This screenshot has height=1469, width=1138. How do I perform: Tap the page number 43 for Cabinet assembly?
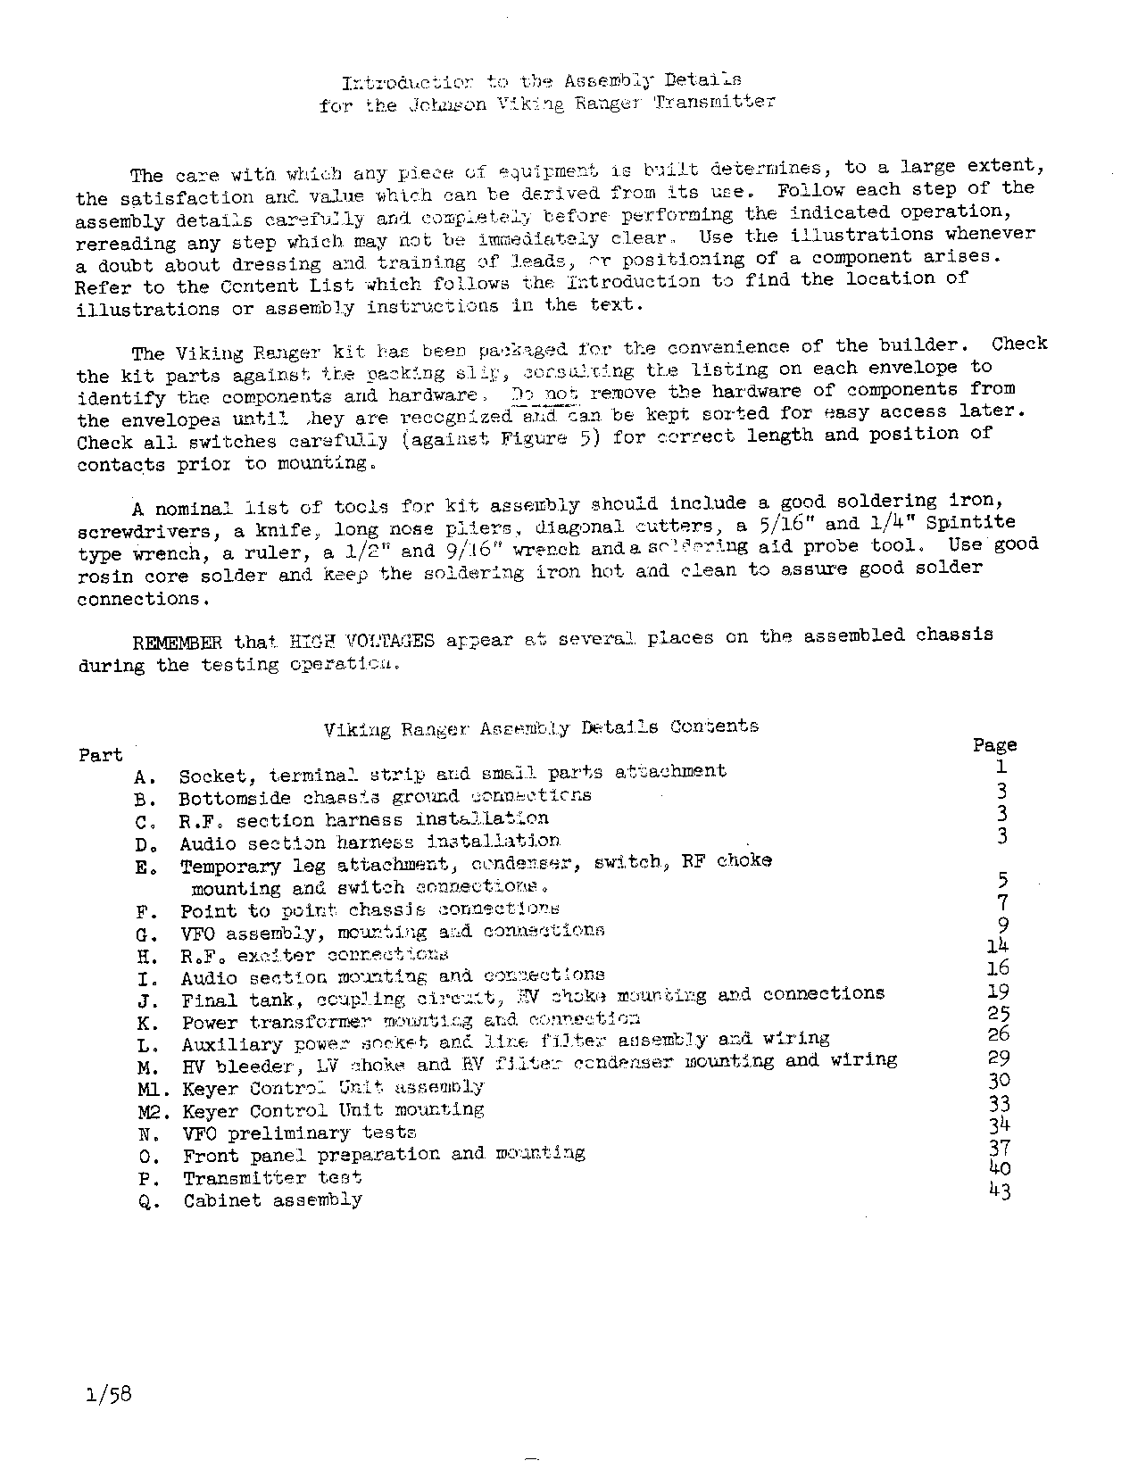coord(1000,1190)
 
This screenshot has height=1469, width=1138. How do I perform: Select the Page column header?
coord(994,745)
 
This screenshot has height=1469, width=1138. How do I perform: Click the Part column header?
coord(100,755)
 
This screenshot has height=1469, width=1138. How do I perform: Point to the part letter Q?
coord(148,1201)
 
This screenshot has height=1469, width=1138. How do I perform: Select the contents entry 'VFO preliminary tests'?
coord(299,1133)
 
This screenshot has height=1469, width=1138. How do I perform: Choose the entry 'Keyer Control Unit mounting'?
coord(333,1111)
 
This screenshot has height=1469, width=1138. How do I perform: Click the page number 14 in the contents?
coord(998,946)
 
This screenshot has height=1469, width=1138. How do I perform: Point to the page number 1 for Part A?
coord(1001,767)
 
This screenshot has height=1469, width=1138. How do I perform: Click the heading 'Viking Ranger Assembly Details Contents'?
coord(541,728)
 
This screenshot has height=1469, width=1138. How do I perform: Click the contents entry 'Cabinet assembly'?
coord(272,1200)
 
